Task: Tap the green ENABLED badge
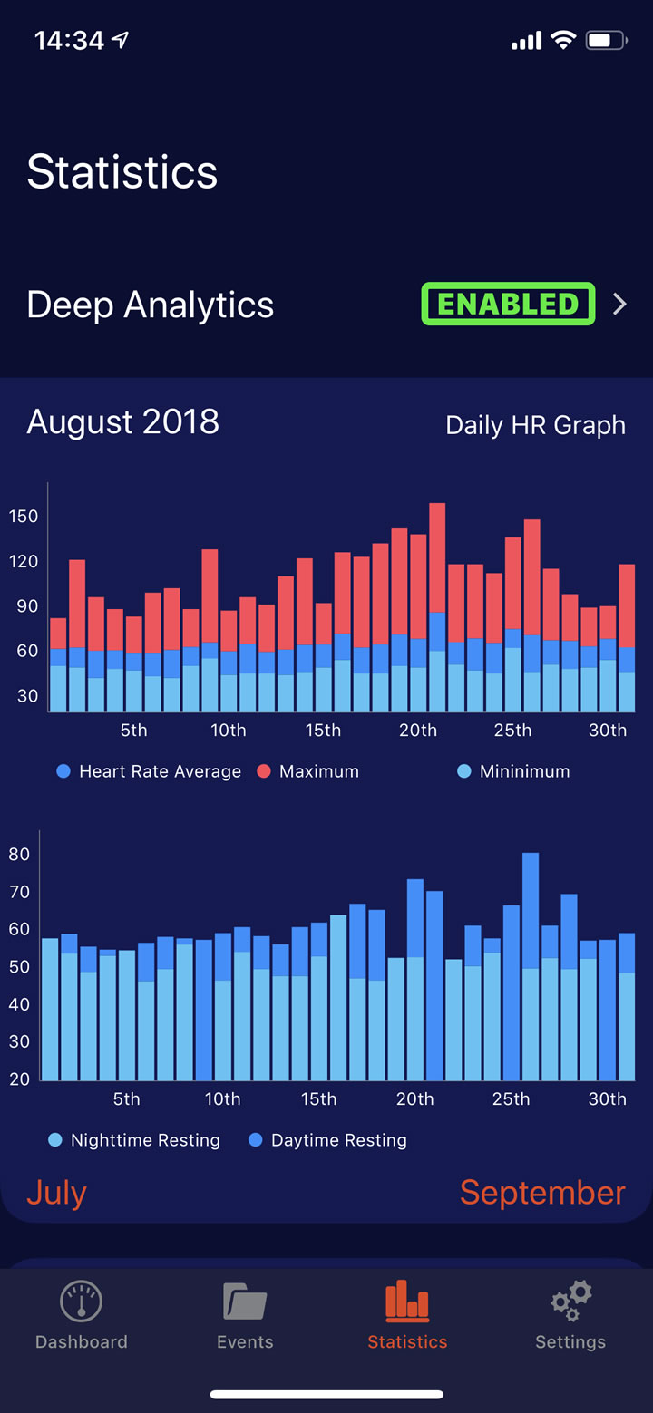508,304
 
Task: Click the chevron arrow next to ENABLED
619,304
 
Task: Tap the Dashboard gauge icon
81,1301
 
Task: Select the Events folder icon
245,1301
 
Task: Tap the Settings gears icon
571,1301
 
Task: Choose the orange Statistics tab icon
407,1301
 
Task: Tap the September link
542,1193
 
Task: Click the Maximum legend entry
307,770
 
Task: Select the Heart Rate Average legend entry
149,770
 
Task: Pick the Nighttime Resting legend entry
134,1140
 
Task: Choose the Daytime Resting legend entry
328,1140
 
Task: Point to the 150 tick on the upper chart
24,516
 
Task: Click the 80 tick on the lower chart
19,854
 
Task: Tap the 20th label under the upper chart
418,730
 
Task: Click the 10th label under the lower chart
223,1098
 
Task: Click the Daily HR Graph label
536,425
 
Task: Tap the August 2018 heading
123,421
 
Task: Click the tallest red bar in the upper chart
437,557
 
